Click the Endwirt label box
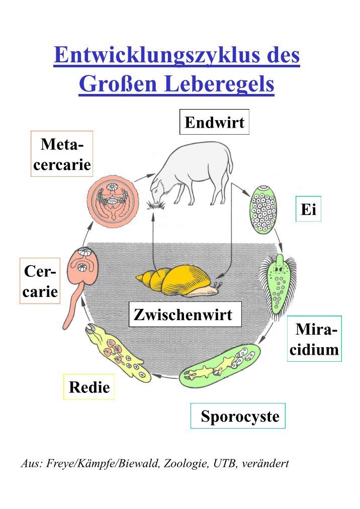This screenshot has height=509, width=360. tap(214, 123)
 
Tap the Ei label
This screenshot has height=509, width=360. tap(308, 209)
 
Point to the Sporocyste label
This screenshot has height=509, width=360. tap(238, 416)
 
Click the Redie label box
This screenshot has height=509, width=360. tap(89, 387)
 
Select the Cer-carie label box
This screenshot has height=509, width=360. tap(40, 281)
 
